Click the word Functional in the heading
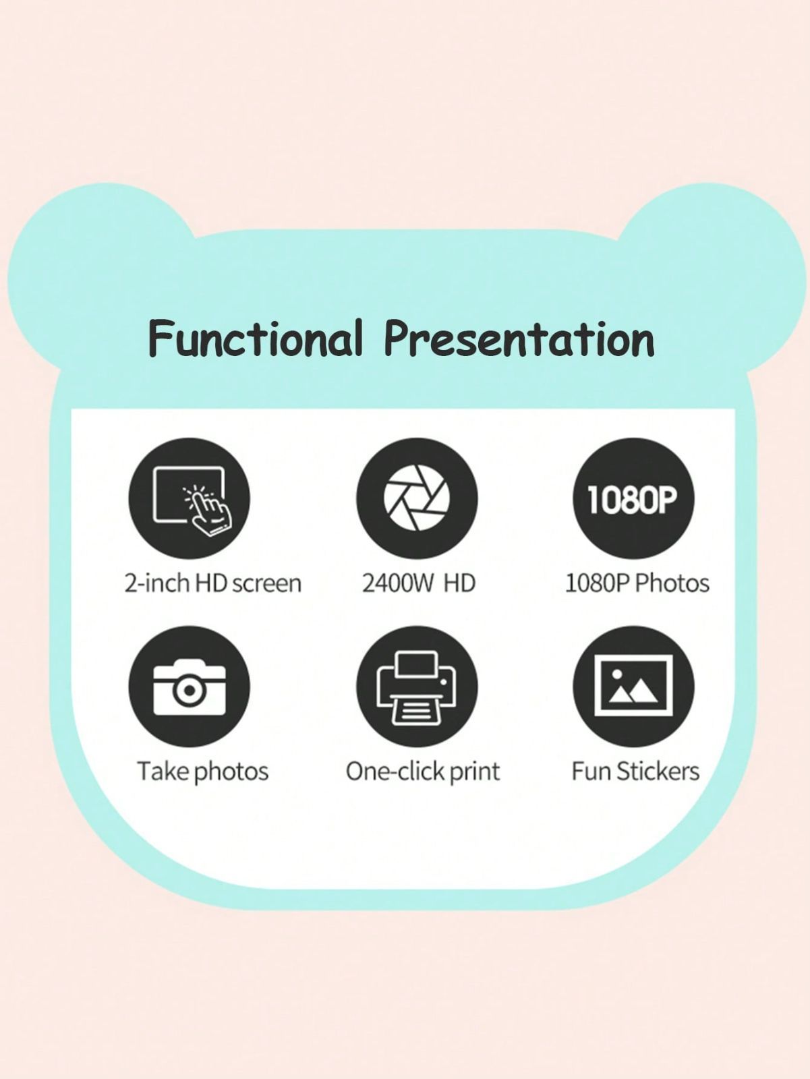click(255, 339)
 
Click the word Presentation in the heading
click(519, 339)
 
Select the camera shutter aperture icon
click(417, 498)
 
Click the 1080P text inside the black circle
click(633, 500)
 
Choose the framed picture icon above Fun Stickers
click(633, 687)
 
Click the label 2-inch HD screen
click(213, 584)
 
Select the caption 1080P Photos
click(637, 584)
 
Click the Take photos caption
click(202, 771)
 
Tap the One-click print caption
click(423, 771)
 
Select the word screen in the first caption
click(266, 585)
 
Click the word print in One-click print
click(475, 771)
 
